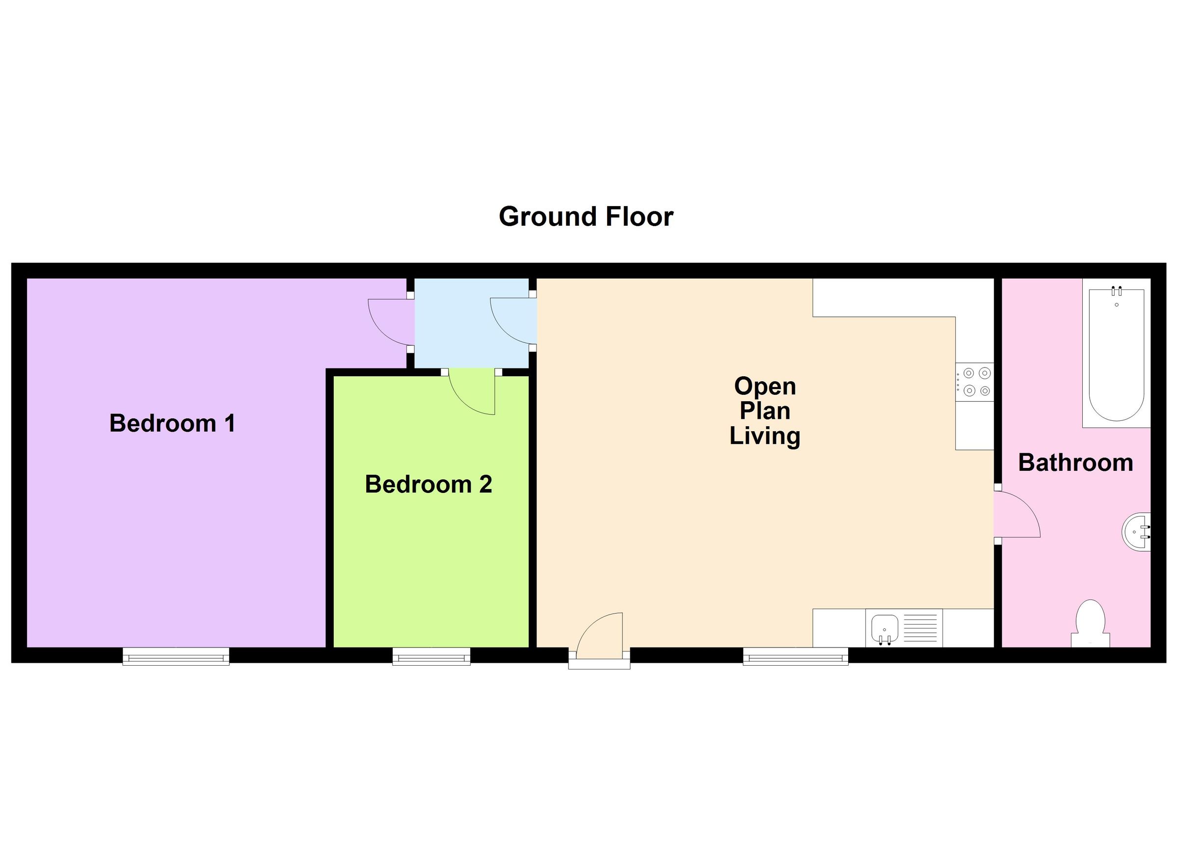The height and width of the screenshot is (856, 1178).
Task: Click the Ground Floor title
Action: (x=586, y=216)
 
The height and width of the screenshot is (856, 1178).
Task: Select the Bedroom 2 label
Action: (x=428, y=484)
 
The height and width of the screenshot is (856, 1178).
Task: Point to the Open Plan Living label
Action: (x=765, y=411)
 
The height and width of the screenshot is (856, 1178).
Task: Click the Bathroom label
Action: (x=1075, y=463)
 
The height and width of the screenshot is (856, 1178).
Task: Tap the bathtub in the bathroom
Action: (x=1116, y=356)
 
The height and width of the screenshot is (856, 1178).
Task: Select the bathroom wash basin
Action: (x=1137, y=532)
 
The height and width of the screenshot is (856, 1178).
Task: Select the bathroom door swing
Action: (x=1016, y=516)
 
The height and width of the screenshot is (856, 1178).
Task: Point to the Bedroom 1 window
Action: (x=176, y=657)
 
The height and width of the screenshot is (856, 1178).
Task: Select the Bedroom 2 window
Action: (x=431, y=657)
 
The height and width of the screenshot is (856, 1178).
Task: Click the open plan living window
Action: (x=795, y=657)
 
